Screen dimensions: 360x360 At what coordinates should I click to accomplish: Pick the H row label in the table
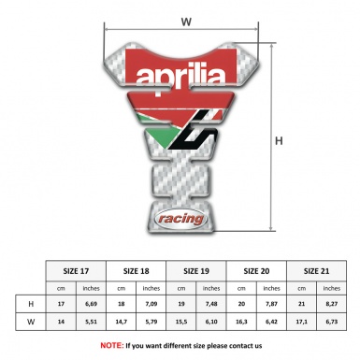pos(32,305)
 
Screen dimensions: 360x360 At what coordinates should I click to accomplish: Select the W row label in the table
pos(32,323)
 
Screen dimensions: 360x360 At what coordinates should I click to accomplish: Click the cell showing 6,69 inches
pos(91,305)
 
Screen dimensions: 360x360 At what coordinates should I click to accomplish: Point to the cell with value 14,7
pos(121,323)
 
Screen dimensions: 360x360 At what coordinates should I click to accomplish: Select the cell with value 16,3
pos(241,323)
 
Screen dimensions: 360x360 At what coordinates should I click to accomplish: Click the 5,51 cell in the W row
pos(91,323)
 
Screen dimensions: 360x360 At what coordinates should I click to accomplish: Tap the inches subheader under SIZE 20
pos(272,288)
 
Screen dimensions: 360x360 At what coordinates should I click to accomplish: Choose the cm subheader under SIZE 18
pos(121,288)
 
